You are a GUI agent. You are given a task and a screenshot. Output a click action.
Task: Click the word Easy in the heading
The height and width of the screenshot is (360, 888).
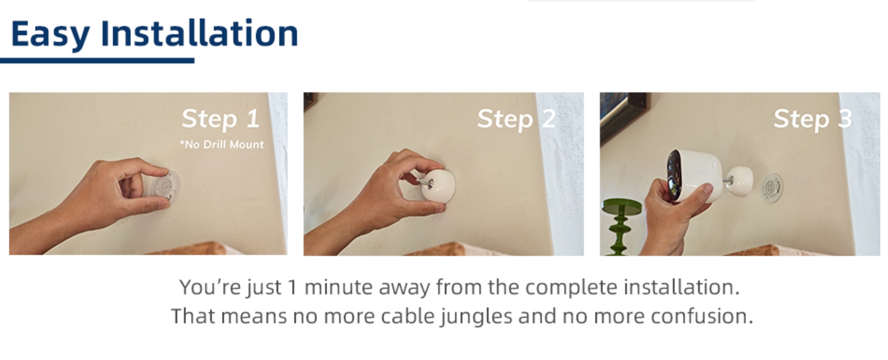click(50, 34)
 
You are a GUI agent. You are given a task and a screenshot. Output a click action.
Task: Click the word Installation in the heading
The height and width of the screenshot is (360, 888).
click(199, 32)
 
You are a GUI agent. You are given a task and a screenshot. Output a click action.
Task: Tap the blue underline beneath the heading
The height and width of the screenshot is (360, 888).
click(97, 60)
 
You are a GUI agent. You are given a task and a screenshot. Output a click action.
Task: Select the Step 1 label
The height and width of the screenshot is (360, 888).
click(220, 119)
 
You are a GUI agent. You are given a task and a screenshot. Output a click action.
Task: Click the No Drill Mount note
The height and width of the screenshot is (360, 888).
click(222, 144)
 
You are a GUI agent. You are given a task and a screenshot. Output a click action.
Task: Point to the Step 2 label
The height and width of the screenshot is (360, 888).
click(516, 119)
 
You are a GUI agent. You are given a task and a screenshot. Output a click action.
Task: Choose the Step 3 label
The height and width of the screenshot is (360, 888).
click(813, 119)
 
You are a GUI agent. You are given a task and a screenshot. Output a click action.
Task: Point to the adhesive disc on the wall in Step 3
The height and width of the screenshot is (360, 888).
click(773, 187)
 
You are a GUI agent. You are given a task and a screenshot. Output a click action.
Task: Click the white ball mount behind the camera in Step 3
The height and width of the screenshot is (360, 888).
click(741, 182)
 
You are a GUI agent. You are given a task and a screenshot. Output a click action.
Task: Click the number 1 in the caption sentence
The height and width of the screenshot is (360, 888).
click(292, 287)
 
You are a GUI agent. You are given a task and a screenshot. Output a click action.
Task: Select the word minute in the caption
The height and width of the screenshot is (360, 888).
click(338, 287)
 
